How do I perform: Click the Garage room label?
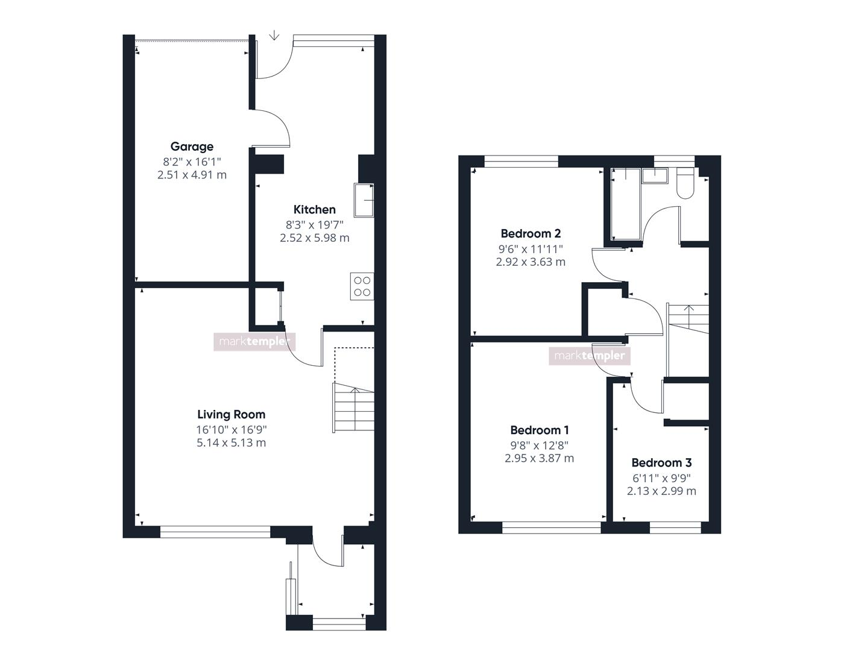[192, 146]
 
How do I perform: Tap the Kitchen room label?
[314, 210]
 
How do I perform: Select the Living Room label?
[232, 415]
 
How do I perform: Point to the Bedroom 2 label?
[531, 234]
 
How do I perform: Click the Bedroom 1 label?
[540, 430]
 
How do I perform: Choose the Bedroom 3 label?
[661, 462]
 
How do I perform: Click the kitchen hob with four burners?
[362, 286]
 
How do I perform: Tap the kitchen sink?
[364, 200]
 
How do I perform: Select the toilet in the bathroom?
[685, 183]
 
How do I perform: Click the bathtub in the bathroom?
[625, 204]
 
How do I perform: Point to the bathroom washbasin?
[655, 175]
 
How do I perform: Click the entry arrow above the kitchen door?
[274, 35]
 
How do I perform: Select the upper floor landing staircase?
[688, 319]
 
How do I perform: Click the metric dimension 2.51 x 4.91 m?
[192, 175]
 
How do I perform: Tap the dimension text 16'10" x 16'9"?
[232, 430]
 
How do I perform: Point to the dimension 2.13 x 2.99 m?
[661, 491]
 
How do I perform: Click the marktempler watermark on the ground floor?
[254, 342]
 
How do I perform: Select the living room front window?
[215, 532]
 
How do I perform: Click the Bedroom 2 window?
[521, 162]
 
